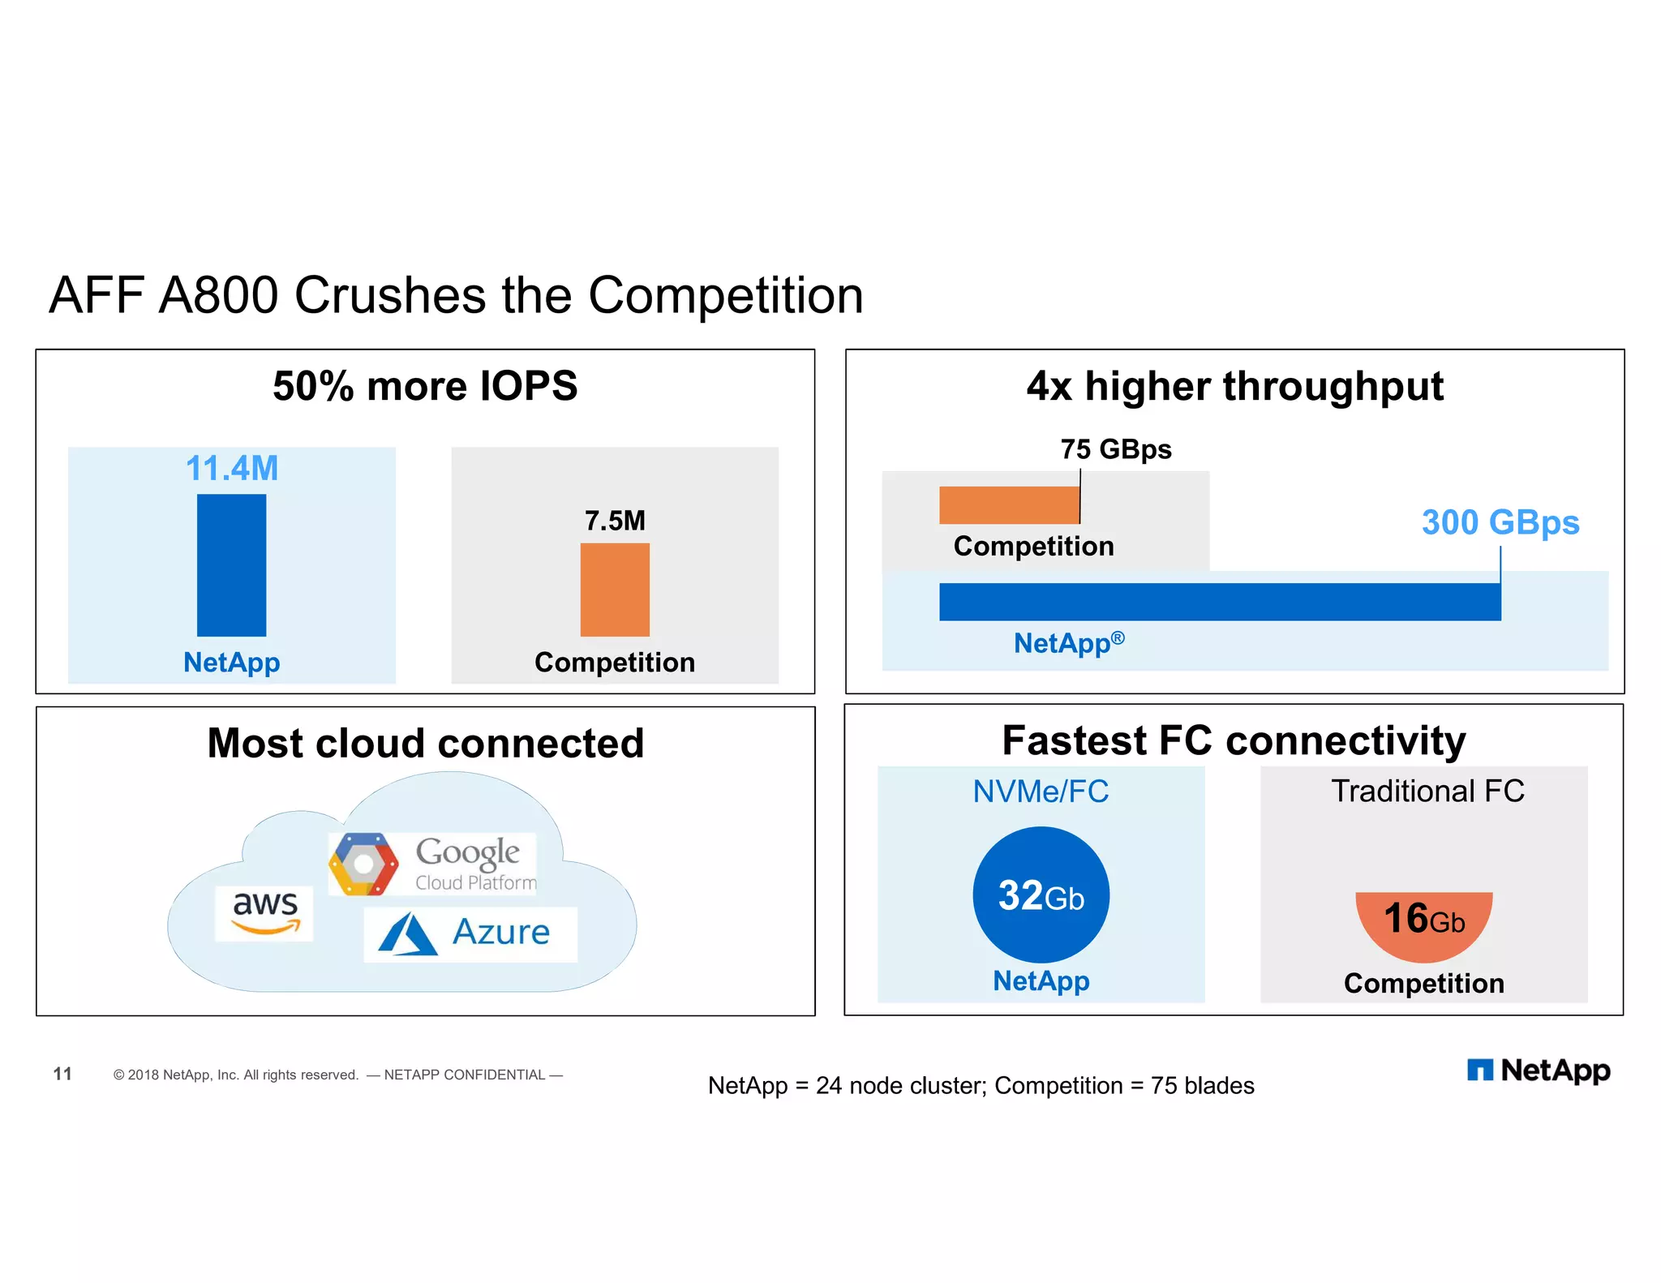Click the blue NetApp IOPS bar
click(x=231, y=565)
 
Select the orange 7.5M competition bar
click(x=615, y=590)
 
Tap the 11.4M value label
click(x=231, y=468)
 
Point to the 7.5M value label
click(x=615, y=521)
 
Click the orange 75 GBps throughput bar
click(x=1009, y=505)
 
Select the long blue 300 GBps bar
click(x=1219, y=602)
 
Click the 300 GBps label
click(x=1500, y=522)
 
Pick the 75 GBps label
click(x=1115, y=449)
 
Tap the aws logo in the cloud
click(x=264, y=912)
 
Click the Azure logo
click(x=470, y=933)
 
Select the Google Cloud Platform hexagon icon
click(x=363, y=864)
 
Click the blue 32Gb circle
click(x=1041, y=895)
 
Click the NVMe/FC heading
click(x=1041, y=792)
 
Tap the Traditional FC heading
click(x=1427, y=791)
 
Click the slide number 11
click(x=62, y=1074)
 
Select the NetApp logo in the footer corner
click(x=1538, y=1071)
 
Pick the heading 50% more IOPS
click(x=425, y=386)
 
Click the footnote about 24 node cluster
click(x=981, y=1085)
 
